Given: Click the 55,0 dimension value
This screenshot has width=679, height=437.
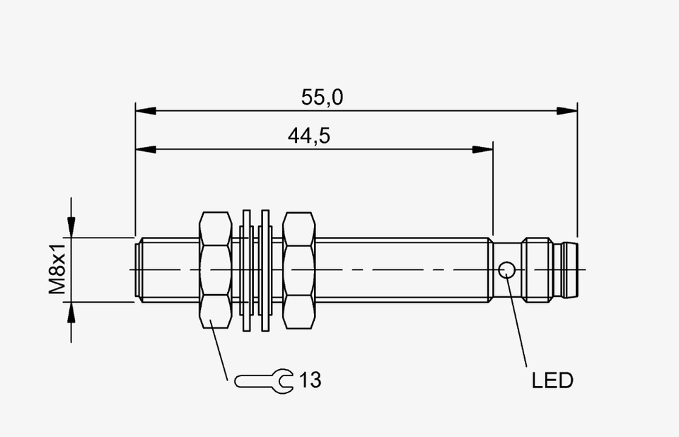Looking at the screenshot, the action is click(323, 97).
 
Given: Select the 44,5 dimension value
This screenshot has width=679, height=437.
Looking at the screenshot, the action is click(309, 136).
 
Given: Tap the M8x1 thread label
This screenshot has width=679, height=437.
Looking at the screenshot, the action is click(57, 269).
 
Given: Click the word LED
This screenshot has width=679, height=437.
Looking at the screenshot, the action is click(552, 380).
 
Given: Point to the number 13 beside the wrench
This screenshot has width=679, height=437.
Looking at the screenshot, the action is click(310, 380).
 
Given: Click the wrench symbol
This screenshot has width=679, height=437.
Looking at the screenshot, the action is click(264, 381).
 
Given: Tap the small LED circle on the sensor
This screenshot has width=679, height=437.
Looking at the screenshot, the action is click(506, 270).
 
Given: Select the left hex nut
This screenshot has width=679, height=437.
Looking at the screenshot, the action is click(215, 270).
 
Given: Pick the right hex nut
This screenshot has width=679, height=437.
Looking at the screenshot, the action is click(298, 270).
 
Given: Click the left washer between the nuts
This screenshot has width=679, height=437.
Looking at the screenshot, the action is click(246, 270).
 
